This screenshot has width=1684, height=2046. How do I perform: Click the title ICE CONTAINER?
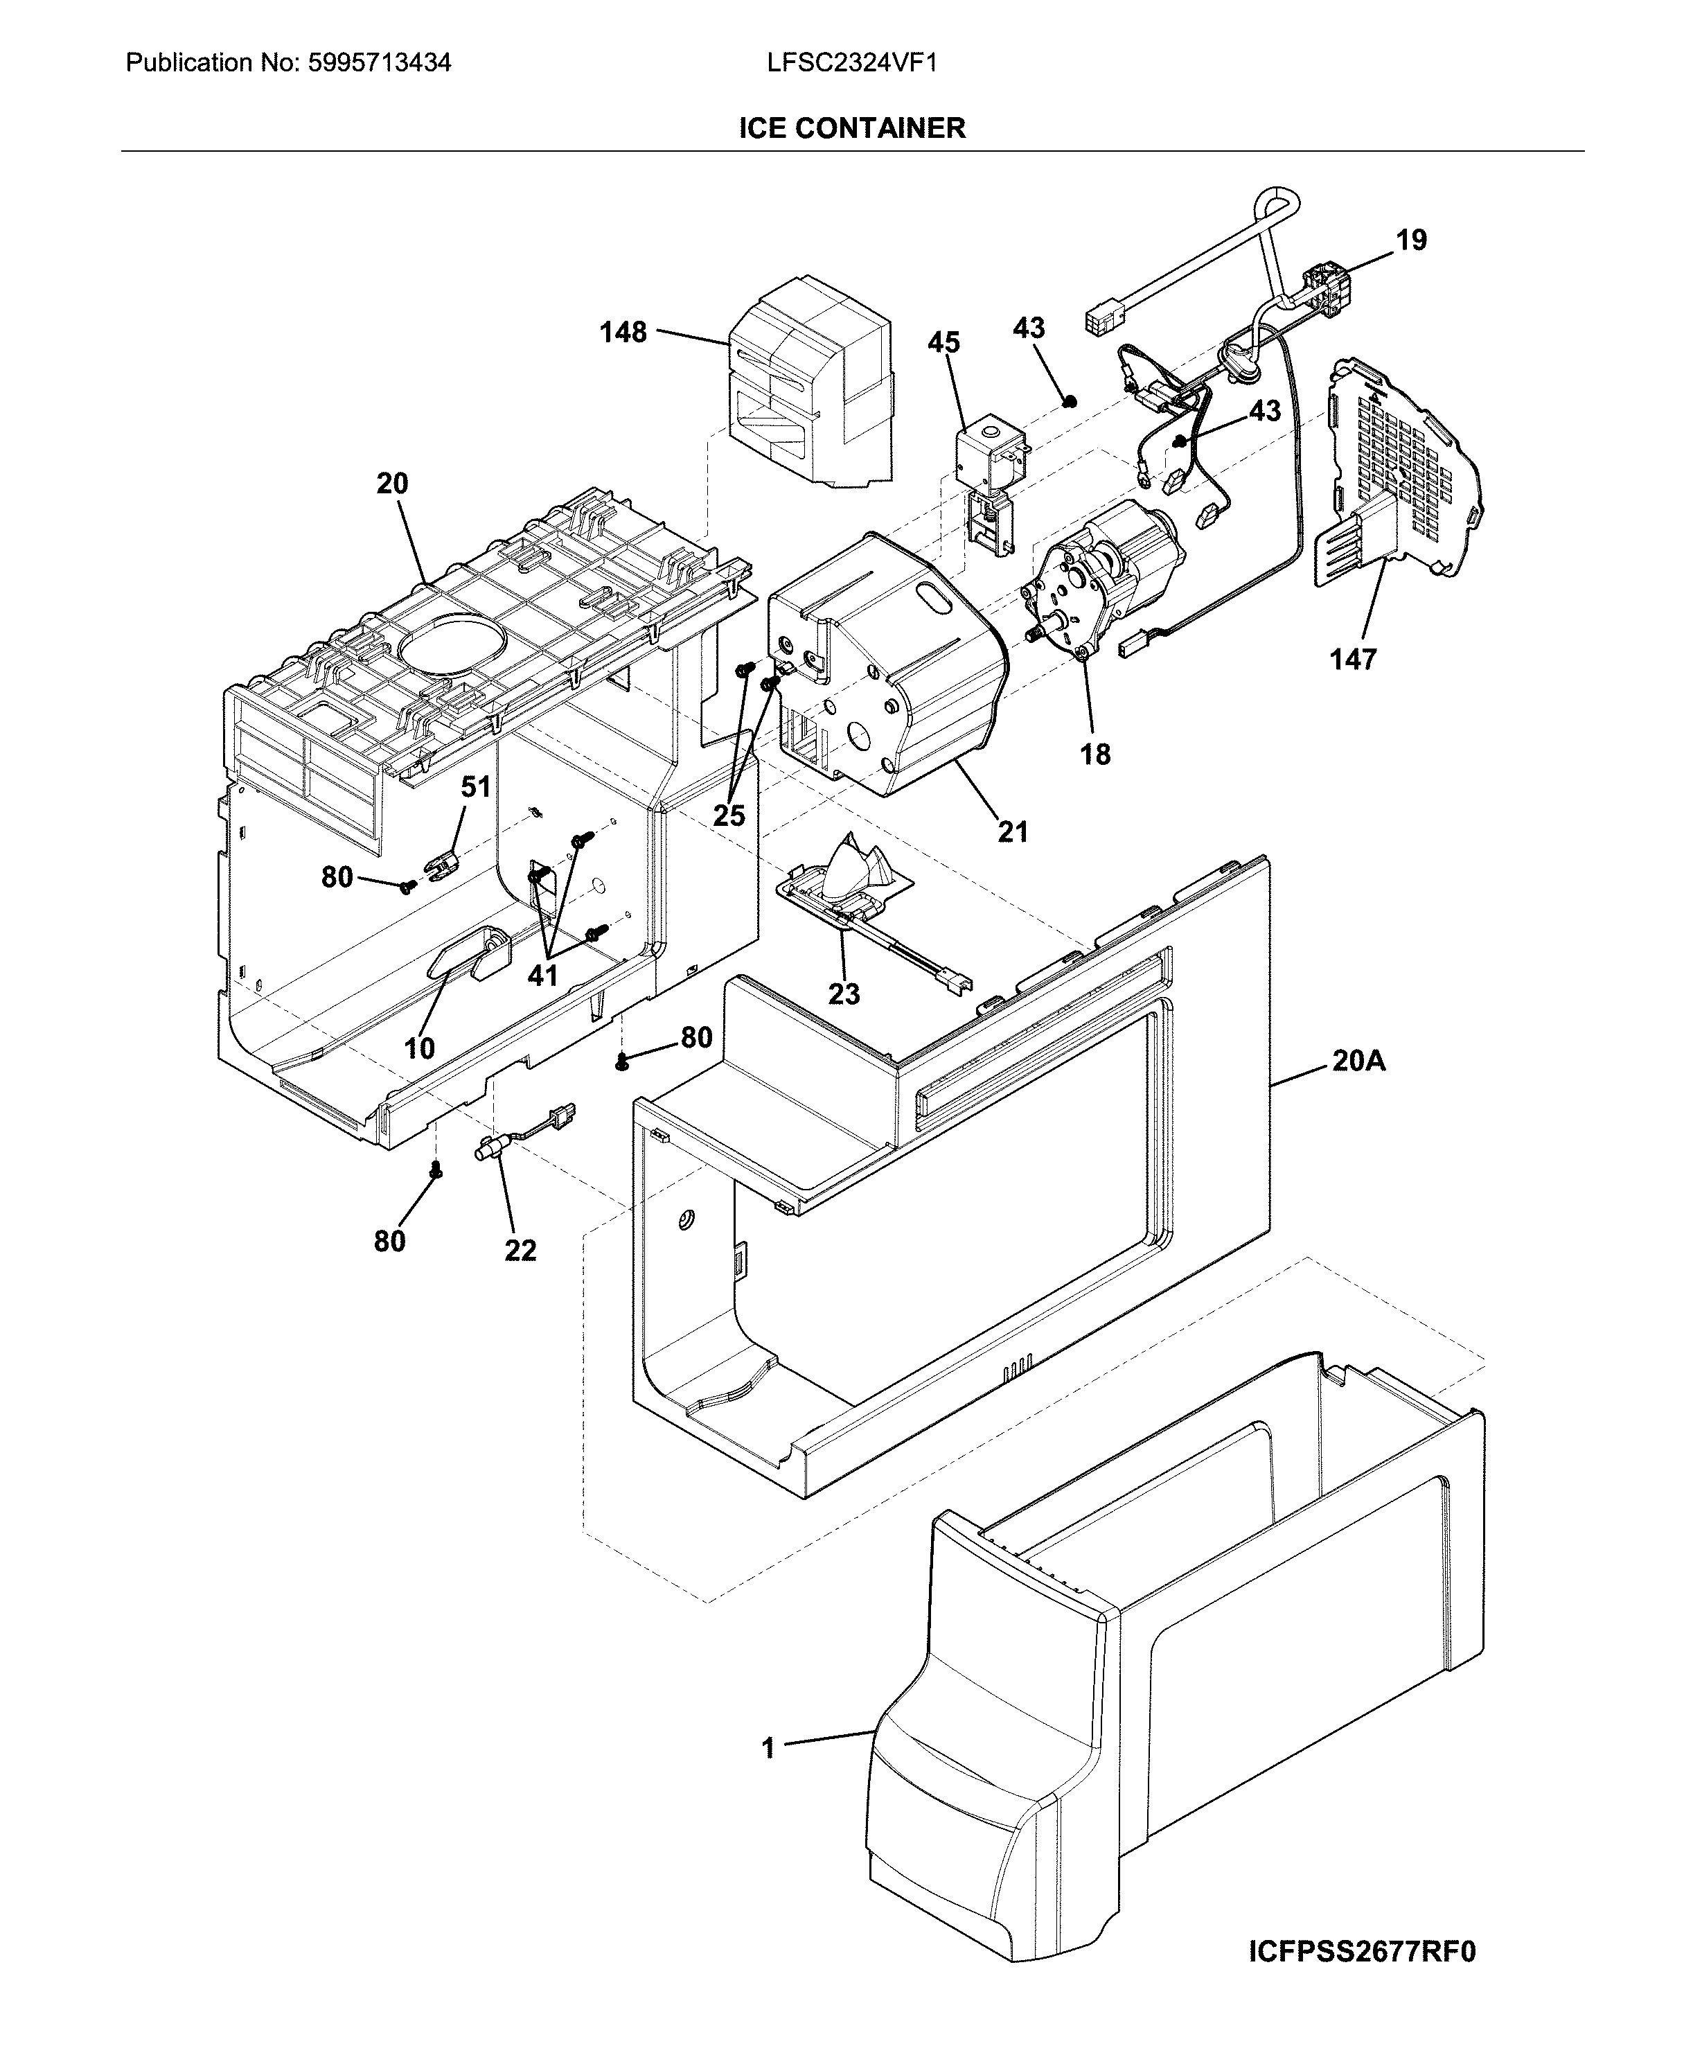coord(852,128)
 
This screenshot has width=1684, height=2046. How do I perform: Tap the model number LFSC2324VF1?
coord(852,64)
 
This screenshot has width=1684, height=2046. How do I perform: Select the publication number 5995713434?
coord(380,64)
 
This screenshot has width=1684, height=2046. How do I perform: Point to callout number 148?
coord(623,333)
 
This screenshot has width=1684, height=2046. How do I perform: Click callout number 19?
coord(1412,240)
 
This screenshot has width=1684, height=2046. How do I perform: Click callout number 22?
coord(520,1251)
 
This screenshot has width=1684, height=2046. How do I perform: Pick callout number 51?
coord(475,787)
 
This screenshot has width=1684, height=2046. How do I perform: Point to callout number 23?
coord(843,994)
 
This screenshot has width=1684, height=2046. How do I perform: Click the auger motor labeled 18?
coord(1106,582)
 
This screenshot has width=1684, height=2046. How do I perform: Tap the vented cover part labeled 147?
coord(1401,475)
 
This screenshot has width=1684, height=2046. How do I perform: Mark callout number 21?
coord(1013,831)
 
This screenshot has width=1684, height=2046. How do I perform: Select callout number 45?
coord(944,342)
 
